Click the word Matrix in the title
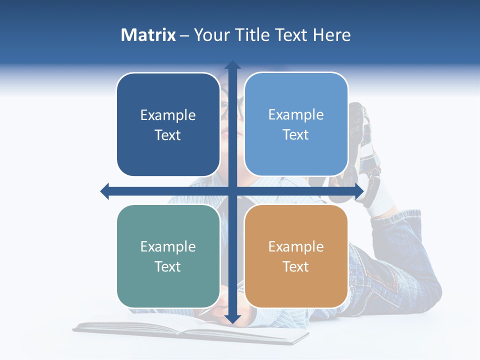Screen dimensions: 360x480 click(148, 35)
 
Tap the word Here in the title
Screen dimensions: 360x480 click(331, 35)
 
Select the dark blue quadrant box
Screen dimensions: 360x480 click(168, 124)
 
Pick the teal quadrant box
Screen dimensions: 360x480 click(168, 256)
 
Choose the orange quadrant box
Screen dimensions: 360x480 click(296, 256)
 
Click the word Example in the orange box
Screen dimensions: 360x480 click(296, 246)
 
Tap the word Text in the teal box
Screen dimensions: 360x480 click(168, 266)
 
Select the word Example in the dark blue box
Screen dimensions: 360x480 click(168, 115)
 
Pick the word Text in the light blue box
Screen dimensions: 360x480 click(296, 134)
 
